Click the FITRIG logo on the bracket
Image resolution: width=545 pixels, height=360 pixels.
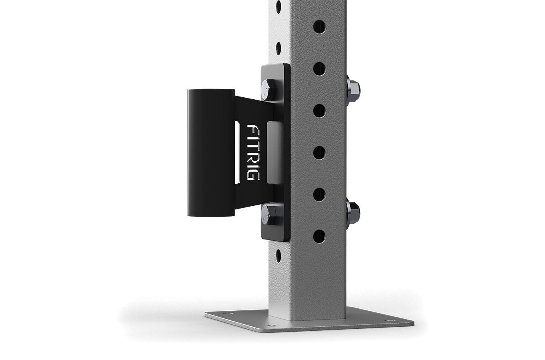pos(253,153)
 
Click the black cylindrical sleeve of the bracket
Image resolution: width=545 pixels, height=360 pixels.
pos(211,153)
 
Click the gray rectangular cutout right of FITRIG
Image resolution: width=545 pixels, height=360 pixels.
pos(275,153)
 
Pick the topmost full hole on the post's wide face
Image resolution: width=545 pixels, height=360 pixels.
pos(319,27)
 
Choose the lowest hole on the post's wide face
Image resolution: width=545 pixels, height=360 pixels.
pos(319,236)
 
